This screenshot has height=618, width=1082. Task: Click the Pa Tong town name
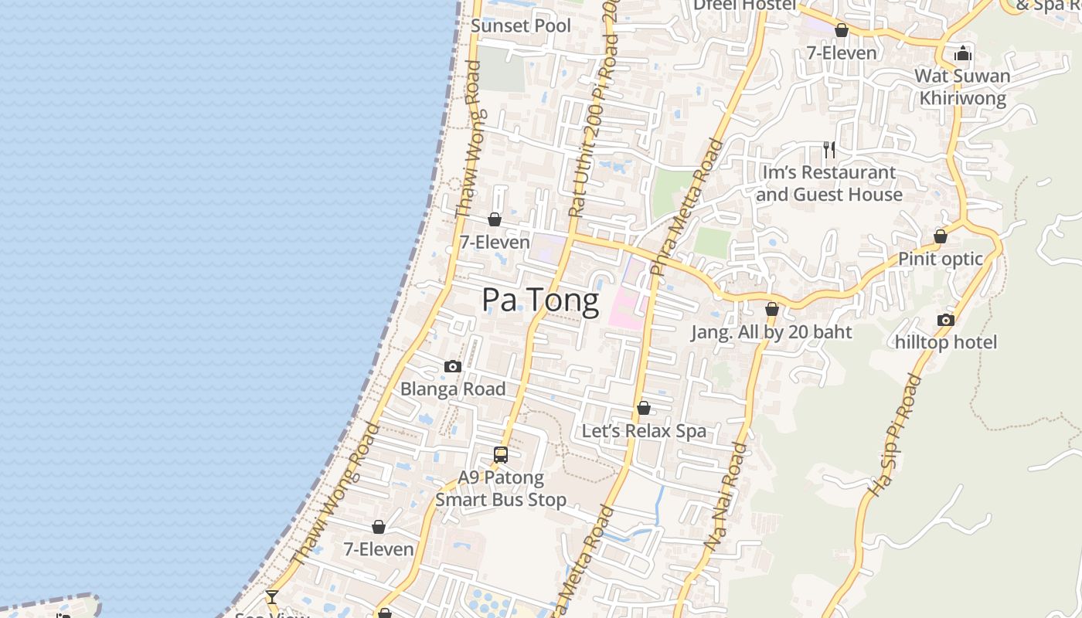point(540,301)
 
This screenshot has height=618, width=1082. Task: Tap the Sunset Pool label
point(521,25)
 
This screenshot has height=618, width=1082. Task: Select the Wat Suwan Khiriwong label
point(962,87)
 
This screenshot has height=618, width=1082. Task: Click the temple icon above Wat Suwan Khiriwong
point(962,53)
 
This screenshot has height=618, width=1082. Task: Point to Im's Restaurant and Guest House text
point(829,183)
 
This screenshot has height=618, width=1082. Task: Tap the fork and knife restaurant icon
point(829,149)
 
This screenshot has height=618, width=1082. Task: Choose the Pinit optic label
point(940,259)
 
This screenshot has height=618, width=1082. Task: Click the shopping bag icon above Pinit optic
point(941,236)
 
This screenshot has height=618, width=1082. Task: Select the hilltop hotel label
point(946,342)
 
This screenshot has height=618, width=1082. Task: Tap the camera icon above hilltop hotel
point(945,320)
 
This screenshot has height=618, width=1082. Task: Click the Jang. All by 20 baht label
point(771,332)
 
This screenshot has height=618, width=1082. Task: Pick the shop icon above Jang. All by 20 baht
point(771,309)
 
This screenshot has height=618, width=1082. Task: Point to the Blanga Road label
point(453,389)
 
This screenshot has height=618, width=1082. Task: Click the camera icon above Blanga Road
point(453,366)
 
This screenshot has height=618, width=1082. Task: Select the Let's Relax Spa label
point(644,430)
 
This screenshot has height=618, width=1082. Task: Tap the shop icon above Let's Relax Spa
point(644,408)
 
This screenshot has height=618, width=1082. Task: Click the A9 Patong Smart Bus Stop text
point(501,488)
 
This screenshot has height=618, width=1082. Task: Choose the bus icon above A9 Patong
point(501,455)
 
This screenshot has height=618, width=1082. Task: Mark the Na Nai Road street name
point(726,496)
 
